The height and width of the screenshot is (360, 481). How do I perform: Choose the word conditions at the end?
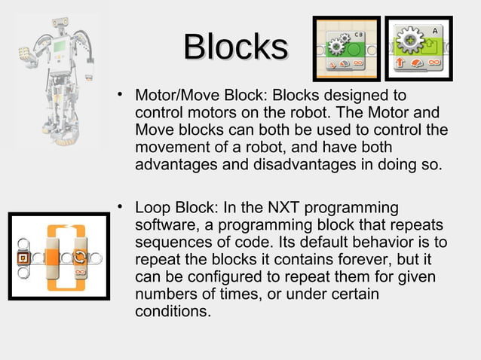tap(170, 311)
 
